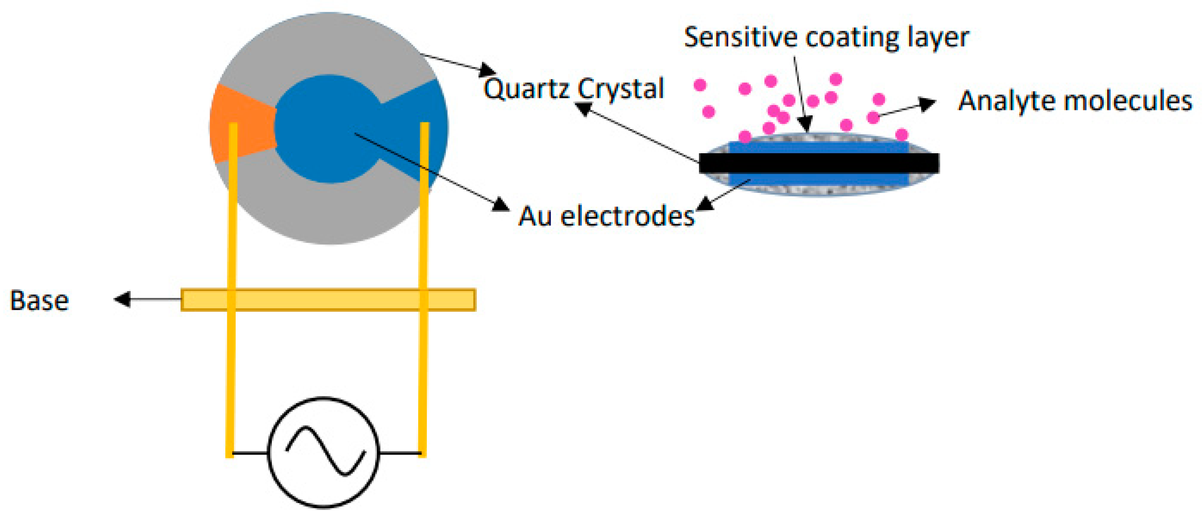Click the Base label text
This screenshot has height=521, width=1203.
click(39, 301)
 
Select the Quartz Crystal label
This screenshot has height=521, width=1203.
click(574, 88)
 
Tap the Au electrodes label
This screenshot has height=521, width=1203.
click(606, 216)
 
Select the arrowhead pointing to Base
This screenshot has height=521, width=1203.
click(122, 299)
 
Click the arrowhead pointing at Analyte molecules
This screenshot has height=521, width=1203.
click(927, 104)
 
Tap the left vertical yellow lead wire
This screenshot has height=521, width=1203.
click(231, 374)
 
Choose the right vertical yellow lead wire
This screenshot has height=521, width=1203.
click(423, 374)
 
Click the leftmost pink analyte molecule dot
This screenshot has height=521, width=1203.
click(700, 85)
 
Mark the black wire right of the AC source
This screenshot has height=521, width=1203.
click(400, 453)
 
